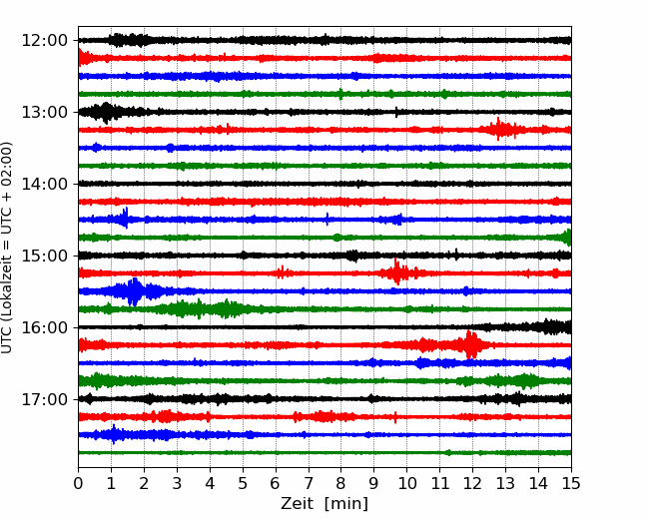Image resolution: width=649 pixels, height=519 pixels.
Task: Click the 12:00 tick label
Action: (44, 41)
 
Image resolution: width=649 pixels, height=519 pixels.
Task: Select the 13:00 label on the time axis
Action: (44, 112)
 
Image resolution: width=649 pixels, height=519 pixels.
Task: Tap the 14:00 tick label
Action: (44, 184)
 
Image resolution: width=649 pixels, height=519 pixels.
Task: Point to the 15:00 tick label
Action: (44, 256)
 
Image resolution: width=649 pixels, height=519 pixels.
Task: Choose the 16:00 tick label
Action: (44, 327)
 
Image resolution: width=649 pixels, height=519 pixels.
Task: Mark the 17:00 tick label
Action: (44, 399)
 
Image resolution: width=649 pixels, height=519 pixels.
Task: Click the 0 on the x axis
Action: (78, 483)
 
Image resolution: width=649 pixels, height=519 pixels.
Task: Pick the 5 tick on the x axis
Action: (243, 483)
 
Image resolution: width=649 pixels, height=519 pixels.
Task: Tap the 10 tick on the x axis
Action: (406, 483)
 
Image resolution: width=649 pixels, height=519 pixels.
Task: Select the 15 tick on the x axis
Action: (571, 483)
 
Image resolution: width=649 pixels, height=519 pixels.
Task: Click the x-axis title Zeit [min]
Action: (324, 504)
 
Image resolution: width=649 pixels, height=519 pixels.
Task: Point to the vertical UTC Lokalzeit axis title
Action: (7, 248)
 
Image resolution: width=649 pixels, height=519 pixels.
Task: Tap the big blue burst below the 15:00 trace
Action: (134, 291)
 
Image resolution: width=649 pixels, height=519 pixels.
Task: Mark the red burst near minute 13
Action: (500, 130)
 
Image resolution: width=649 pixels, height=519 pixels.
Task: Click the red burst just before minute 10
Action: (397, 272)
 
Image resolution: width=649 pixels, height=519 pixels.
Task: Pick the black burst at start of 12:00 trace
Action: (129, 40)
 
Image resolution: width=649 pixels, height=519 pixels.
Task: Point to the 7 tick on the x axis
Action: (309, 483)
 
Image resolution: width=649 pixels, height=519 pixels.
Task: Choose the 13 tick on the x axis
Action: (505, 483)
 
